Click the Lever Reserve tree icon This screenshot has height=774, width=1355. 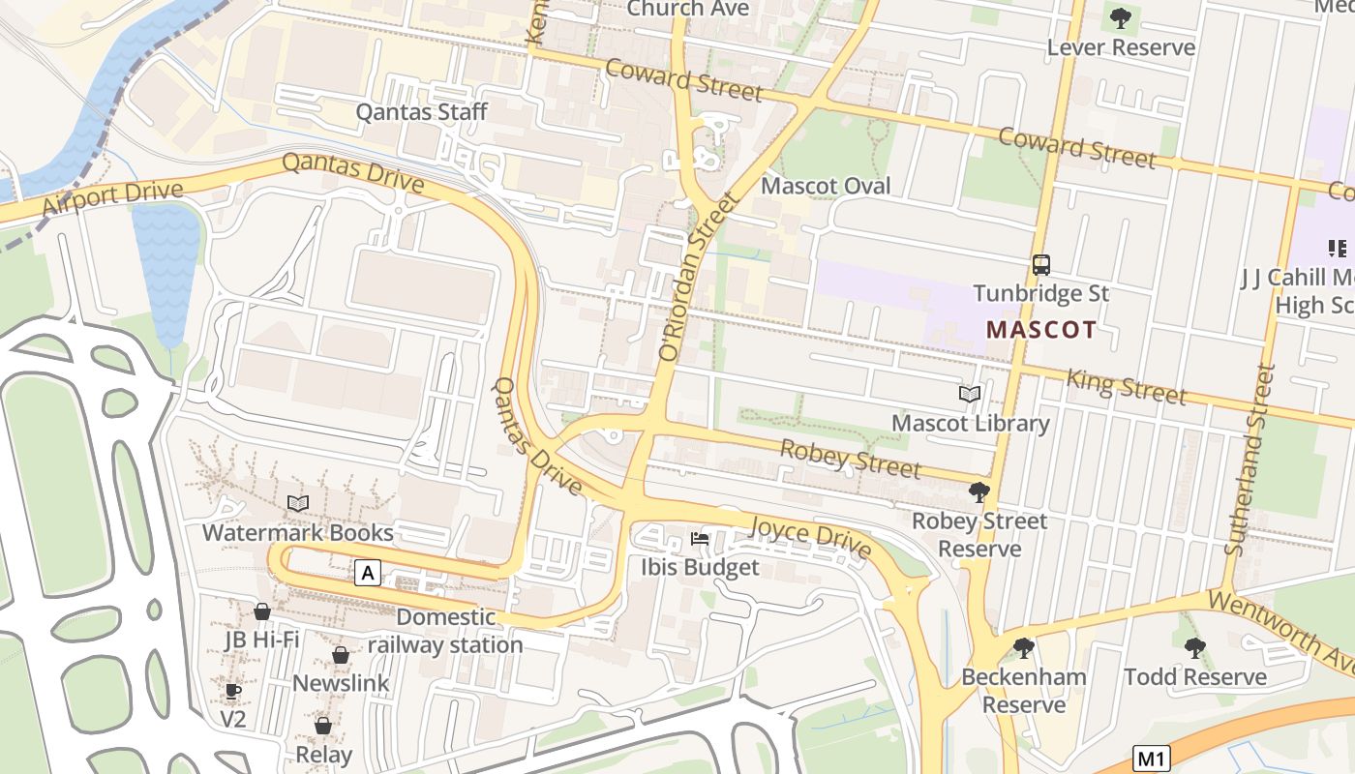tap(1121, 17)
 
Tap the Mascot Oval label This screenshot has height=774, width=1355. tap(826, 186)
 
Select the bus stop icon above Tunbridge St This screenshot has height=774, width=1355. tap(1041, 264)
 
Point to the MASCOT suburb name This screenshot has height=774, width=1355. tap(1041, 329)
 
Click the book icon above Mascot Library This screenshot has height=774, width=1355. tap(970, 395)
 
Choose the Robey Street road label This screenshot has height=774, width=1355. tap(850, 459)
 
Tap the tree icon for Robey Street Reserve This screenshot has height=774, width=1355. tap(979, 492)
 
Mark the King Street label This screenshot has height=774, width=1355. tap(1126, 386)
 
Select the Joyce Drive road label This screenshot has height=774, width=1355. tap(811, 535)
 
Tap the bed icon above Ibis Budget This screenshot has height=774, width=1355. tap(700, 538)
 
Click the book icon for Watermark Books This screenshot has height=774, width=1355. tap(298, 504)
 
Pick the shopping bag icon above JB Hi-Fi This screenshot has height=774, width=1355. tap(261, 611)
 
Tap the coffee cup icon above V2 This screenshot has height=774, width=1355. tap(232, 691)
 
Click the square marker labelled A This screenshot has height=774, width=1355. tap(367, 574)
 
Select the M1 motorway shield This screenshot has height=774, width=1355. tap(1152, 758)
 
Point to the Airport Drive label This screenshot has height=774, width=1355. tap(112, 199)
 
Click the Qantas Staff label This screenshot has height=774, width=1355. tap(421, 111)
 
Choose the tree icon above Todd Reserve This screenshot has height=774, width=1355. tap(1194, 647)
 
